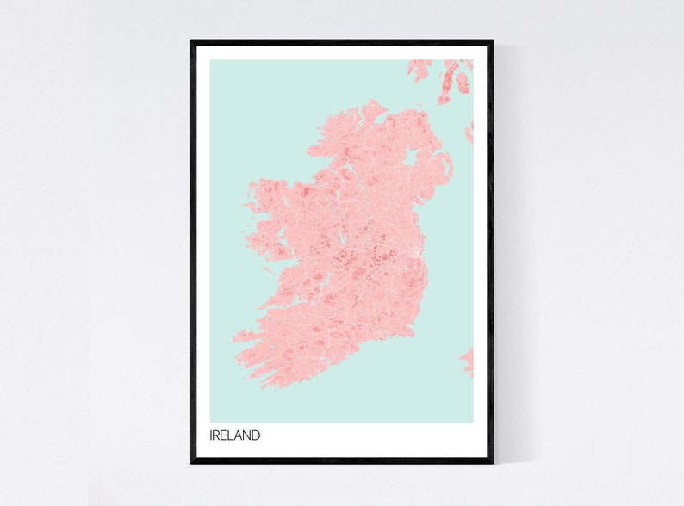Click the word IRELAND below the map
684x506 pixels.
234,435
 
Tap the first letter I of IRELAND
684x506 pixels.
211,435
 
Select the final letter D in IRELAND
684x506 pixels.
256,435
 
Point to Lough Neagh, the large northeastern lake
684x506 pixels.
412,157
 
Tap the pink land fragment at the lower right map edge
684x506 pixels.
468,361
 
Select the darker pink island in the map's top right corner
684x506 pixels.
463,83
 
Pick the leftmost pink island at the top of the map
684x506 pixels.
420,69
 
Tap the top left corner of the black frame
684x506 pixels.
191,41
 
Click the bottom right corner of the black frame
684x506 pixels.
493,462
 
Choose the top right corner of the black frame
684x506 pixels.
493,41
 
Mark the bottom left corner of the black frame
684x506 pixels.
191,462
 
